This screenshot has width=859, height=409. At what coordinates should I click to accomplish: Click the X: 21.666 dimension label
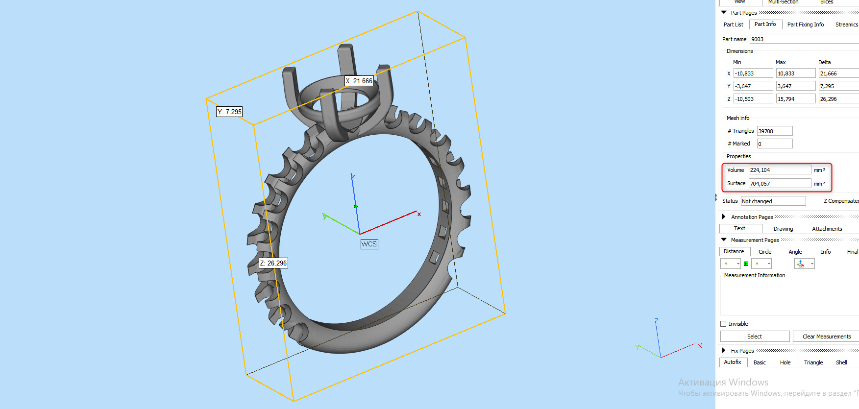pos(359,81)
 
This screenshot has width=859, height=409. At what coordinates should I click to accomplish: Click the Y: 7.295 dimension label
pos(229,112)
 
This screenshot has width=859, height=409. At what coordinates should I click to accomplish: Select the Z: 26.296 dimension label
pos(273,263)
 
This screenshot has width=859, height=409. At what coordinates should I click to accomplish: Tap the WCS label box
pos(369,244)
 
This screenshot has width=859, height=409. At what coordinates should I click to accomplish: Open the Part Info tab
pos(765,24)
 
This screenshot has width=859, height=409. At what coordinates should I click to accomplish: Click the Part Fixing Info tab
pos(805,24)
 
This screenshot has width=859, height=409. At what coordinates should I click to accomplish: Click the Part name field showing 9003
pos(804,39)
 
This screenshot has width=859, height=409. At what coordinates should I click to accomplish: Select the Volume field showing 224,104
pos(779,170)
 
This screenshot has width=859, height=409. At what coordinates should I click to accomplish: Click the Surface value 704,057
pos(779,184)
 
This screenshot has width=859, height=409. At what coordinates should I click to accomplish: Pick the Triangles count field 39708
pos(774,131)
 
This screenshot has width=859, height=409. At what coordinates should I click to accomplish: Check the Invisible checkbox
pos(723,324)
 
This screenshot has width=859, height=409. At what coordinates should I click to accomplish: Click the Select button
pos(754,337)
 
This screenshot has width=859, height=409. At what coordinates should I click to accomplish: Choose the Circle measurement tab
pos(765,252)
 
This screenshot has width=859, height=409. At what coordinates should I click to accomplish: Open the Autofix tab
pos(733,362)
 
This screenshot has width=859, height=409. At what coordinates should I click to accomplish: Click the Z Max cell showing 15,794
pos(795,99)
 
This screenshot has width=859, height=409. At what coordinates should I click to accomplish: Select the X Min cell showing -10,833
pos(753,73)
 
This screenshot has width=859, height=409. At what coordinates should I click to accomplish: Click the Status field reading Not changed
pos(773,201)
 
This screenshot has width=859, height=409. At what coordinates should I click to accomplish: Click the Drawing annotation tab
pos(783,229)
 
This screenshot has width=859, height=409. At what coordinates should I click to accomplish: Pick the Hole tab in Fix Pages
pos(785,362)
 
